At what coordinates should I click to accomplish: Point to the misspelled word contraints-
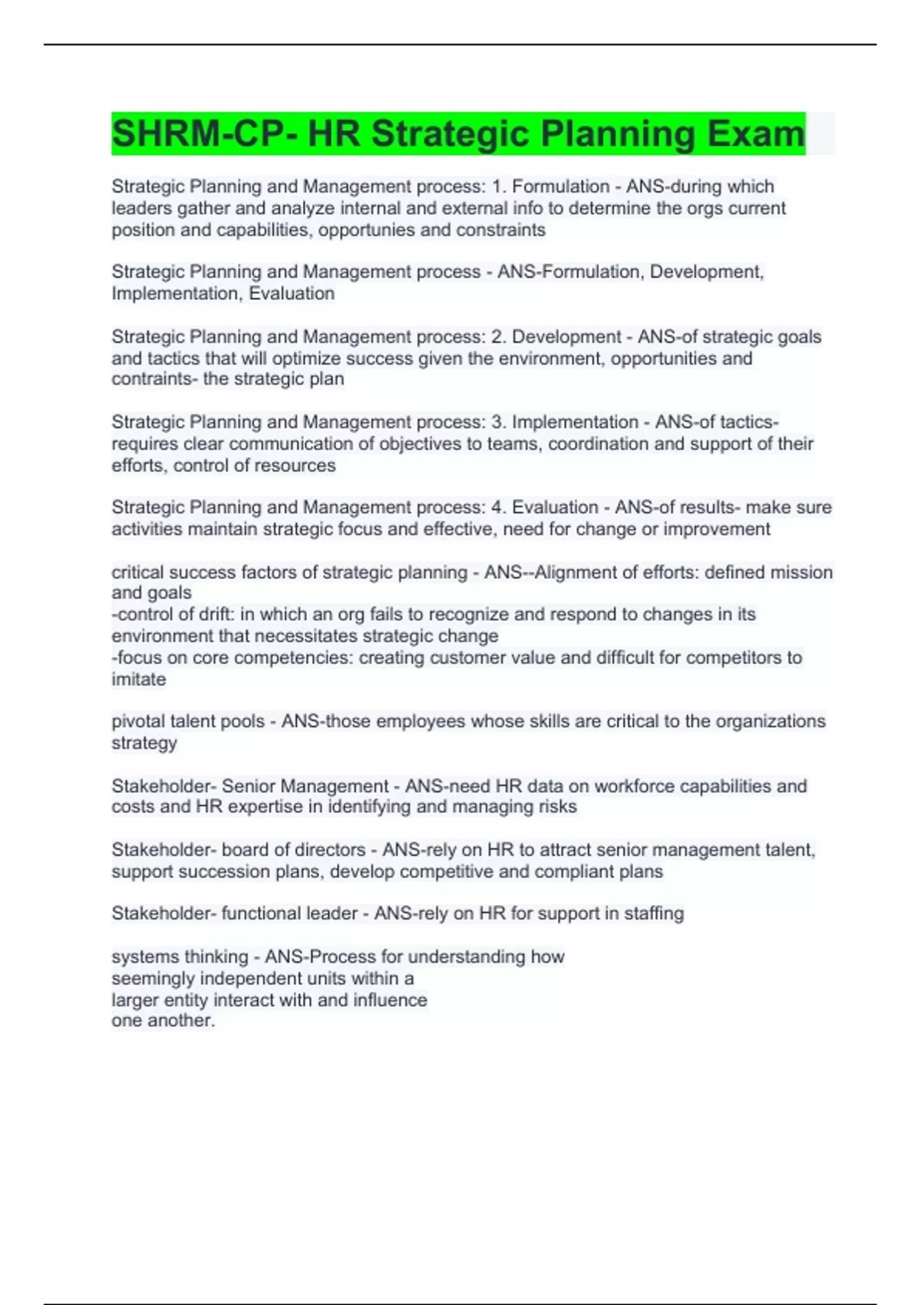coord(154,379)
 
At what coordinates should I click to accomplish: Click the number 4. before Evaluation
coord(499,507)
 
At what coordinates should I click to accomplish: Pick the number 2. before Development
coord(499,337)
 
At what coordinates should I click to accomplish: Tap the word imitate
coord(139,679)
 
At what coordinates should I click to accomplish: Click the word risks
coord(557,807)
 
